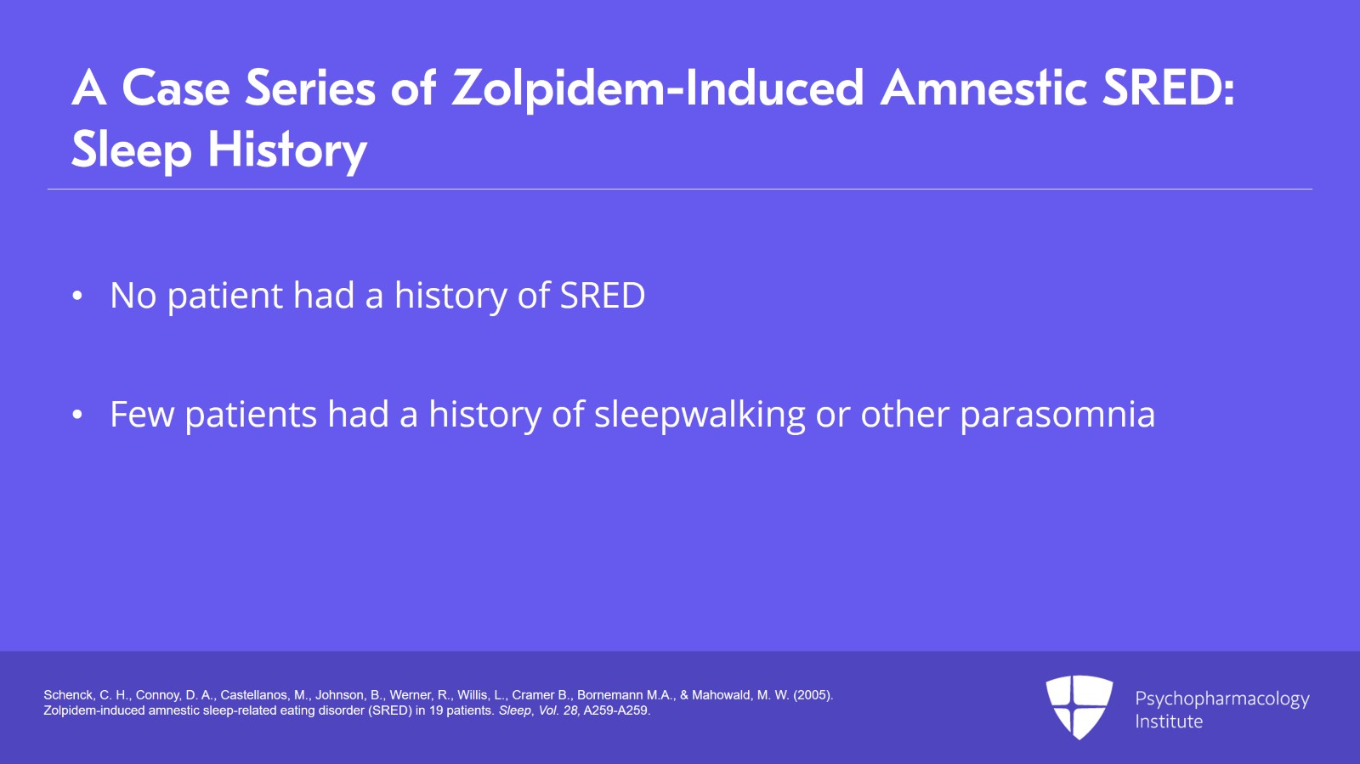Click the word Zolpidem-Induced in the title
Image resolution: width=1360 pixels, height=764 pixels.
(658, 88)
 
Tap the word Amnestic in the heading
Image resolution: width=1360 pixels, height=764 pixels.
(983, 88)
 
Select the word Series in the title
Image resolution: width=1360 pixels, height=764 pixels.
(310, 88)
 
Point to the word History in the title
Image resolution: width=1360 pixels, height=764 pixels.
(287, 150)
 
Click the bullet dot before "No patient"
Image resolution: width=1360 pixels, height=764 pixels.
(77, 296)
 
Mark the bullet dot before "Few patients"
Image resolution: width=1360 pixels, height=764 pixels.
(77, 415)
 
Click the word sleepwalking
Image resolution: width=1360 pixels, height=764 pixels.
(700, 415)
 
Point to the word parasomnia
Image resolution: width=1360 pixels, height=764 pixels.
(1057, 415)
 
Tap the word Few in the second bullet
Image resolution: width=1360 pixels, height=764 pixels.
(141, 414)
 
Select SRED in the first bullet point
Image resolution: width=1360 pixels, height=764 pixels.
(602, 296)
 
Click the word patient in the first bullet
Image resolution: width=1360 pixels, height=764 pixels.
(224, 296)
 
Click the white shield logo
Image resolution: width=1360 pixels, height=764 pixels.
(1079, 707)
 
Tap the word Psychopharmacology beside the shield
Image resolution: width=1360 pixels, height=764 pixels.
(1222, 699)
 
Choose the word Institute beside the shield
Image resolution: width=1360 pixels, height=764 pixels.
(1169, 722)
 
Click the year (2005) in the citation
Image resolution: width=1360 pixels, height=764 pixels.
(813, 695)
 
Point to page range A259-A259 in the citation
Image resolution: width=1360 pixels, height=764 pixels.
(616, 710)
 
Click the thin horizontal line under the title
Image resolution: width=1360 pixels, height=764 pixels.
(680, 190)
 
